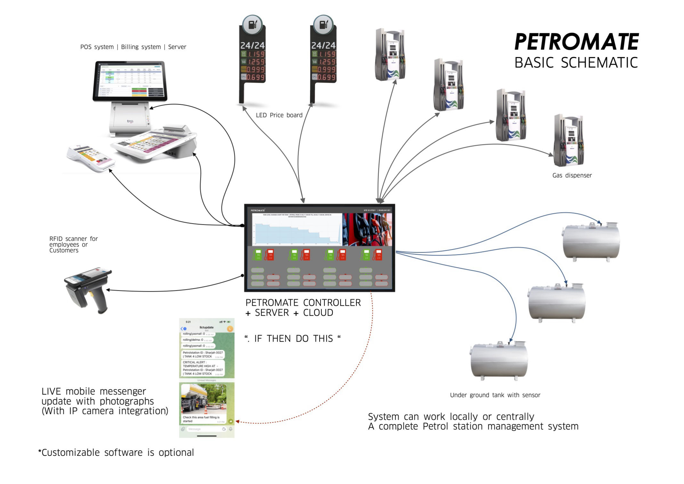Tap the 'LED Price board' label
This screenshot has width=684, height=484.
tap(279, 115)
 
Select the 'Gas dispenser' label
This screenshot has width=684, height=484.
tap(572, 175)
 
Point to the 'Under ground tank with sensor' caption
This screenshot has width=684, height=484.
tap(495, 395)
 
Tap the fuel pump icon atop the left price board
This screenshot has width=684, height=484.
tap(252, 24)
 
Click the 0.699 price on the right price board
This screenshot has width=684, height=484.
tap(326, 77)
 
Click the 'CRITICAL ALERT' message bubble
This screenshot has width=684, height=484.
tap(203, 368)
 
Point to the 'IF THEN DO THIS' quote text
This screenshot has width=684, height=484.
tap(292, 338)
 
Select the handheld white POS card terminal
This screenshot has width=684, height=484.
tap(91, 158)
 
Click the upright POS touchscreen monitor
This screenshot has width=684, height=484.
tap(130, 81)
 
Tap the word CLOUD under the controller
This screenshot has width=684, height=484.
tap(318, 313)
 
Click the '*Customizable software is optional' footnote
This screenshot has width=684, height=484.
tap(116, 453)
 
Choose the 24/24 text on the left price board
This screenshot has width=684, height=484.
tap(252, 46)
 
